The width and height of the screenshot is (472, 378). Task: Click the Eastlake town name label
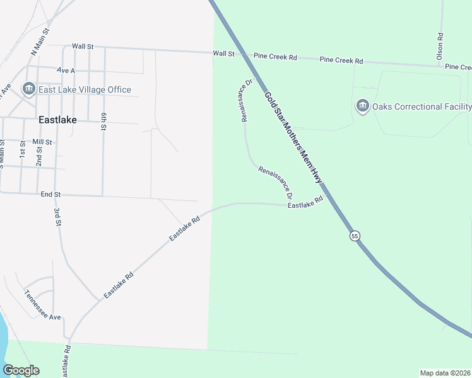click(56, 118)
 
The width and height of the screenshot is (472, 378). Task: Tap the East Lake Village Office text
click(85, 90)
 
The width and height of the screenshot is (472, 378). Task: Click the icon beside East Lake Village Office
click(29, 89)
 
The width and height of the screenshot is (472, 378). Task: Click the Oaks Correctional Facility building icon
click(362, 106)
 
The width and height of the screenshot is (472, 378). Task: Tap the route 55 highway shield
click(355, 236)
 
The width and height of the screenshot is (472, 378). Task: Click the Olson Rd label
click(440, 47)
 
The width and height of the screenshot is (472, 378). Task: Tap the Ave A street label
click(66, 71)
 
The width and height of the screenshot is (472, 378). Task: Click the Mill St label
click(42, 142)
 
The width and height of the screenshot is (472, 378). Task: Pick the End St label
click(50, 195)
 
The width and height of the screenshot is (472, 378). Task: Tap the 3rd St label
click(57, 217)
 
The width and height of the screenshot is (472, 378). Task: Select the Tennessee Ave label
click(42, 305)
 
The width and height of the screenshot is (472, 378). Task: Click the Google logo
click(21, 370)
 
